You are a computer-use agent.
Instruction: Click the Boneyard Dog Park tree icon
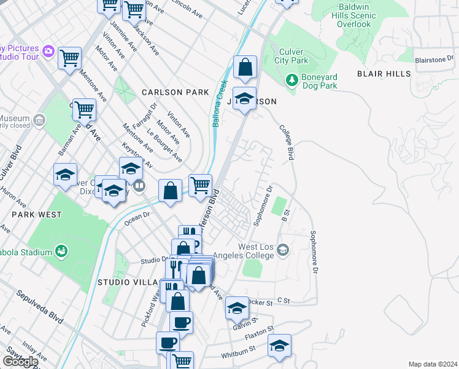click(293, 80)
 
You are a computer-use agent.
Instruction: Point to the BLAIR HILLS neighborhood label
click(384, 74)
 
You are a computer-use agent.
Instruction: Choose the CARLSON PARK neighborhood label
click(175, 92)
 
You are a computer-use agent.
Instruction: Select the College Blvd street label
click(286, 143)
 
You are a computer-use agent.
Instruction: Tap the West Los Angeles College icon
click(282, 250)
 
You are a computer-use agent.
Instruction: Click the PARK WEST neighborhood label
click(36, 215)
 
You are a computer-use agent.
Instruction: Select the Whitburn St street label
click(239, 349)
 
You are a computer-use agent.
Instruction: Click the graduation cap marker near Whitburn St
click(279, 346)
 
